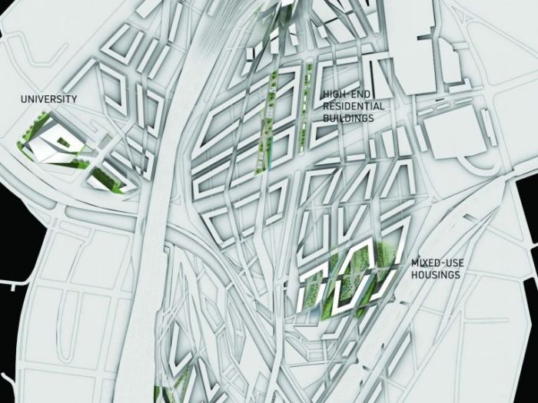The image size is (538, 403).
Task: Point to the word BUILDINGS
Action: click(348, 118)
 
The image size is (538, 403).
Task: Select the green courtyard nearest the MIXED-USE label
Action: click(387, 253)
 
